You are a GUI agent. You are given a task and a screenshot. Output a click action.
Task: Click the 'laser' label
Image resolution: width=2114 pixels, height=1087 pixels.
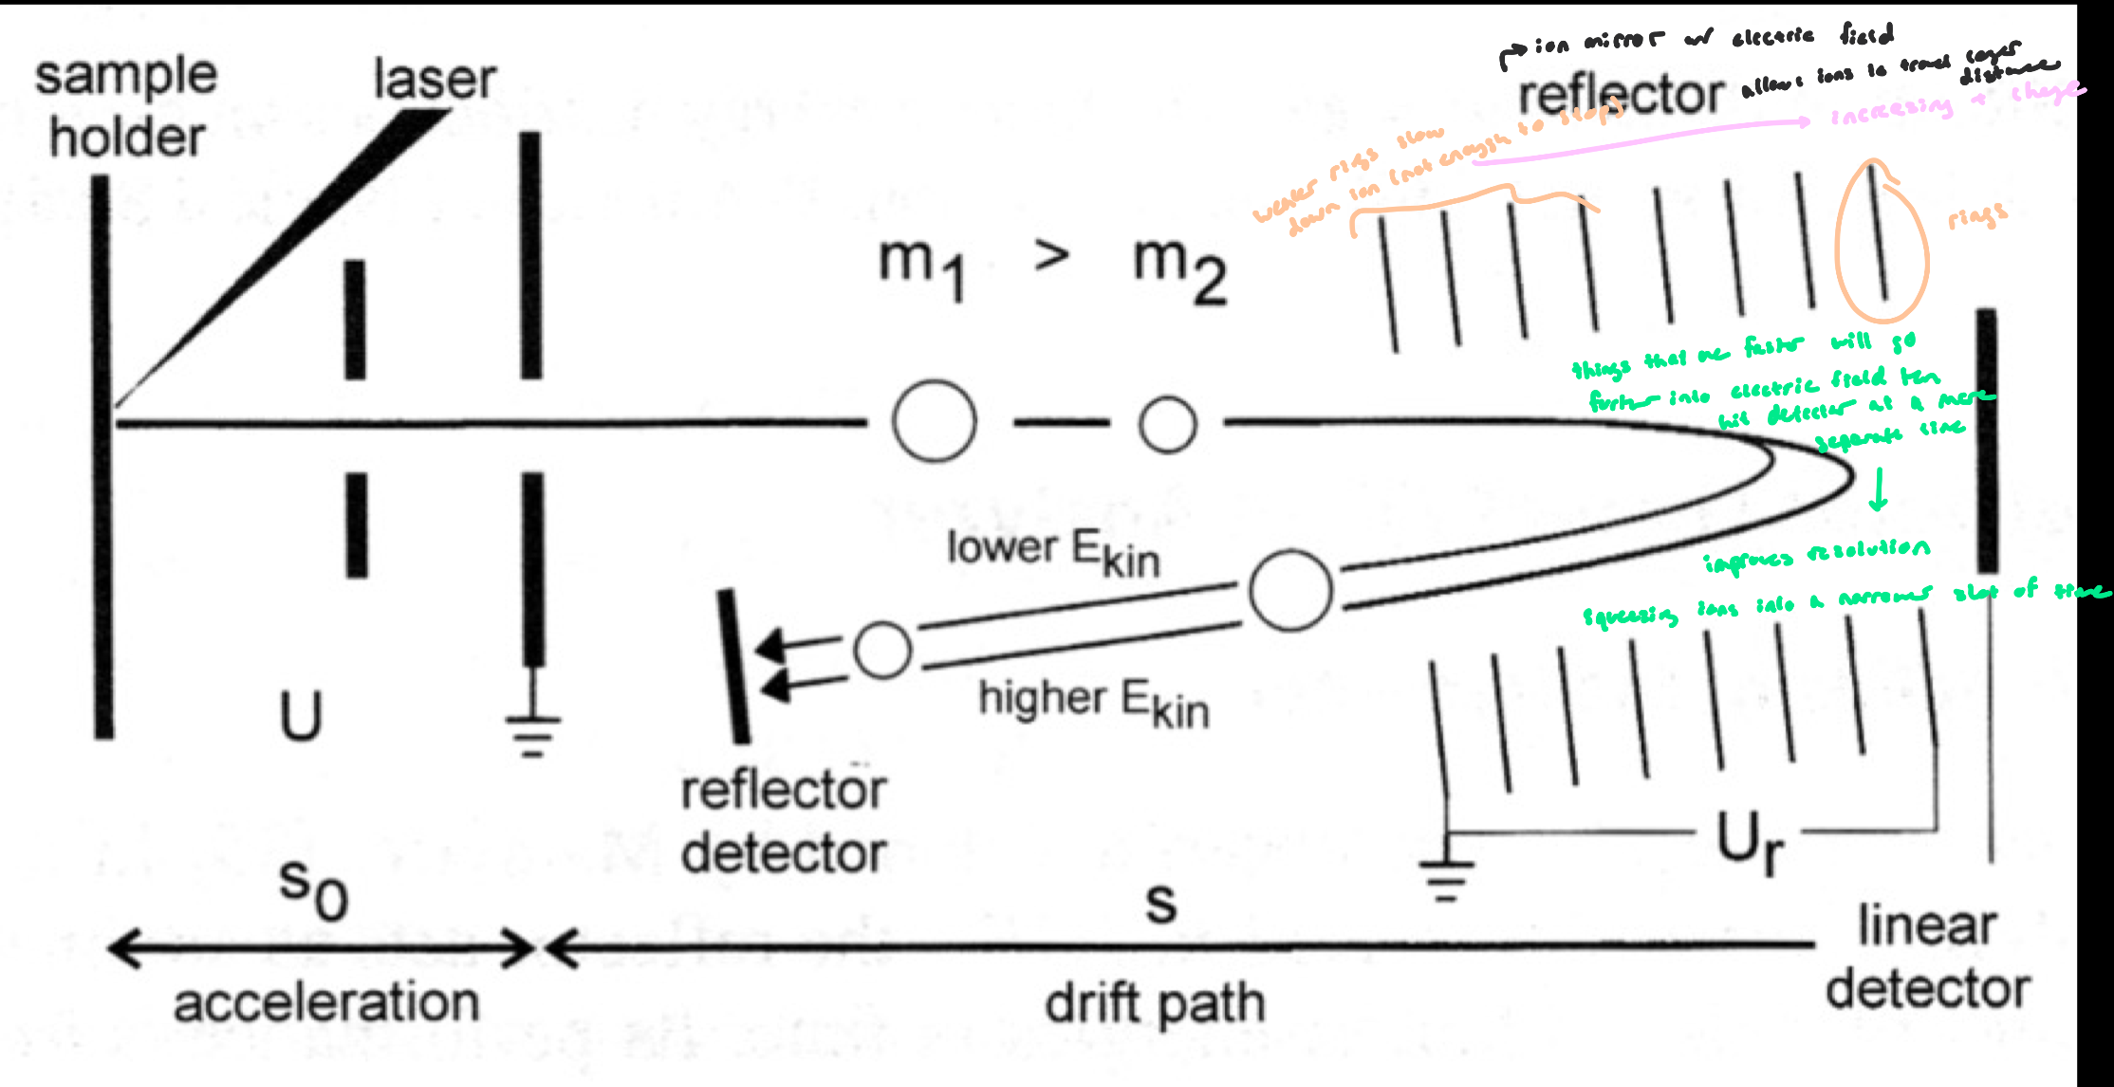[x=435, y=79]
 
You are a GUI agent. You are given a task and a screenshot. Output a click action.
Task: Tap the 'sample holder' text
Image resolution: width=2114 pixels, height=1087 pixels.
[x=126, y=106]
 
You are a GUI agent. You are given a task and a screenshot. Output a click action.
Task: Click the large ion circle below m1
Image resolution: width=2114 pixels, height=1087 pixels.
[x=934, y=421]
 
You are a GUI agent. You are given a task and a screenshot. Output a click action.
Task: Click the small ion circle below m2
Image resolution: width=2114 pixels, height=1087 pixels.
[x=1167, y=424]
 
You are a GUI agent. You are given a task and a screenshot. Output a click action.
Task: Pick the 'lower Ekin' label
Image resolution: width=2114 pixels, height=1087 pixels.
[x=1053, y=552]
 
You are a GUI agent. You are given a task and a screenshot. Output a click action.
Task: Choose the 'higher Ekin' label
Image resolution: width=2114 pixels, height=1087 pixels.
[x=1093, y=703]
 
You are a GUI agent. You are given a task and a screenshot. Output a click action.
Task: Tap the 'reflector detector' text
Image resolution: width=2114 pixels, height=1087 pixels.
[x=784, y=821]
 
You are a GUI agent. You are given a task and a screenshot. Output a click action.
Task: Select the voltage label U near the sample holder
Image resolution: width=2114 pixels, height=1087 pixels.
[x=301, y=716]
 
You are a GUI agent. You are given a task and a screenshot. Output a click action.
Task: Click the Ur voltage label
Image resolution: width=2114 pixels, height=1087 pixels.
[x=1750, y=841]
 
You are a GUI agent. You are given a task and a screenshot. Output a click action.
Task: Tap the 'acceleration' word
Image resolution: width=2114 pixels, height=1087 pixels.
[x=325, y=1004]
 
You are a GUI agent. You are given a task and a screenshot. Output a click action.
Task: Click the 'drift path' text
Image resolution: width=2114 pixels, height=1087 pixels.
[x=1155, y=1004]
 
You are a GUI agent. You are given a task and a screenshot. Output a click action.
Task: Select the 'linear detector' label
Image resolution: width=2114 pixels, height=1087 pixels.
[x=1927, y=957]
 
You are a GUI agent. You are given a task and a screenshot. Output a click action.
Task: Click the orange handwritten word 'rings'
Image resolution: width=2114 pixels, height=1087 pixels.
[x=1977, y=217]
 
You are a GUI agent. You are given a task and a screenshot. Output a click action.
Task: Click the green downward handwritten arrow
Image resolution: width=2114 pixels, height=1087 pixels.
[x=1878, y=489]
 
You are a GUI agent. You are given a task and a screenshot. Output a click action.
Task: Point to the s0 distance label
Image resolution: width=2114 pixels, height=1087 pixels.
[x=313, y=889]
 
